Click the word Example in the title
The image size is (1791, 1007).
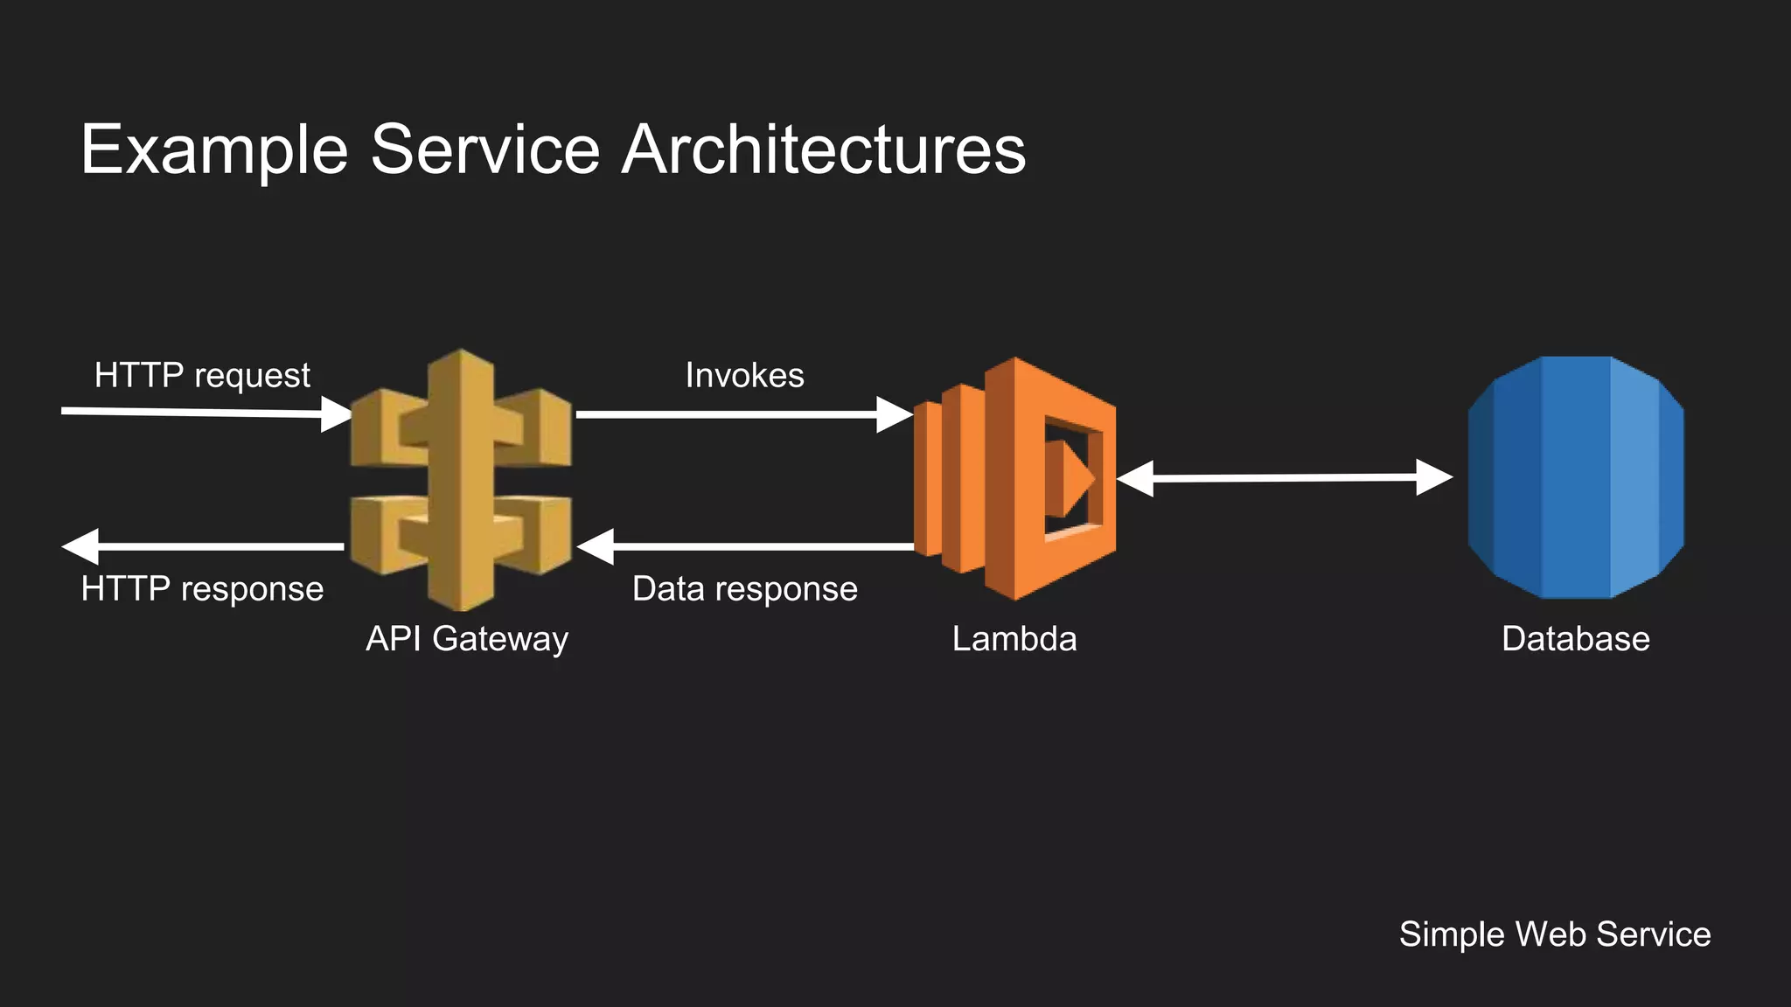[x=214, y=150]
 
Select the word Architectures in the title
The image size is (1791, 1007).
[x=823, y=150]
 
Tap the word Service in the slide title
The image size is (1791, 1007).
[x=485, y=150]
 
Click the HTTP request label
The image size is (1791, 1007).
[x=202, y=375]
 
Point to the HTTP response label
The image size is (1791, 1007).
[x=202, y=588]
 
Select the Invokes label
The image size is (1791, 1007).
[x=744, y=375]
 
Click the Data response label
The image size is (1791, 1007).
[x=744, y=588]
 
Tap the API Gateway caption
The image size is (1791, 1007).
[x=467, y=639]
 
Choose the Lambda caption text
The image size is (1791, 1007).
[x=1014, y=639]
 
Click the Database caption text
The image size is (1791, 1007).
[x=1575, y=639]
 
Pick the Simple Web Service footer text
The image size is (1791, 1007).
[x=1555, y=934]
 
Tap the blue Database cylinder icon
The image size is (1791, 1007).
[x=1575, y=477]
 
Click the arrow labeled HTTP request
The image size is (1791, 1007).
[x=201, y=412]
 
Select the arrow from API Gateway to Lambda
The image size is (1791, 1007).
[x=743, y=414]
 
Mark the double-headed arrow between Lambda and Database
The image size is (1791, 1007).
[x=1284, y=478]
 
